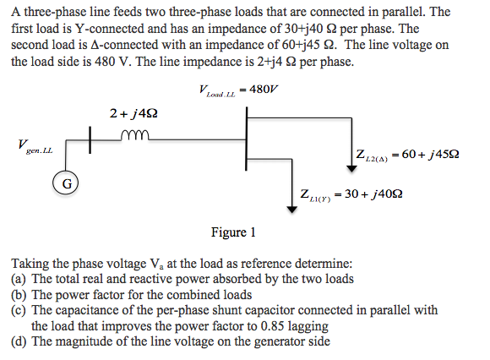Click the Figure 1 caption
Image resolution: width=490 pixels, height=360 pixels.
click(233, 232)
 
